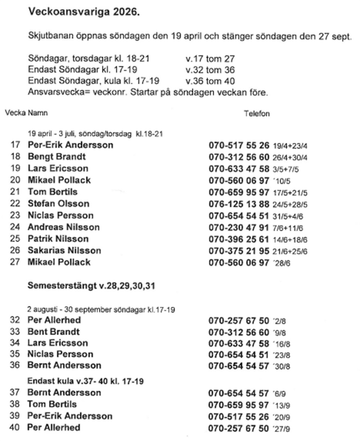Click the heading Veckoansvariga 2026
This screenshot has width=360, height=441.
(83, 12)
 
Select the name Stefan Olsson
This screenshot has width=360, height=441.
(58, 204)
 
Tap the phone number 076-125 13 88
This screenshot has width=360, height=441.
(239, 204)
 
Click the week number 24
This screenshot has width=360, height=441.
(15, 227)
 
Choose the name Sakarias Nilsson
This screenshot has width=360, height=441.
(64, 251)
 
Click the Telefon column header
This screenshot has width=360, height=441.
(257, 114)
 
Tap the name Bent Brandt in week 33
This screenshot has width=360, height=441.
(53, 331)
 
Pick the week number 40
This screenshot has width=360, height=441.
(15, 428)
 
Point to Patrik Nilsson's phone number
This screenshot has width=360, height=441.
(239, 239)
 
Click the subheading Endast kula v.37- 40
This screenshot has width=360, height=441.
(85, 381)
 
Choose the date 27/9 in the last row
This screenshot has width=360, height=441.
(282, 429)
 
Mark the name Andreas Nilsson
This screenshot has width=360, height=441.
(63, 227)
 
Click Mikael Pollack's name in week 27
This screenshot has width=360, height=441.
(59, 262)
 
